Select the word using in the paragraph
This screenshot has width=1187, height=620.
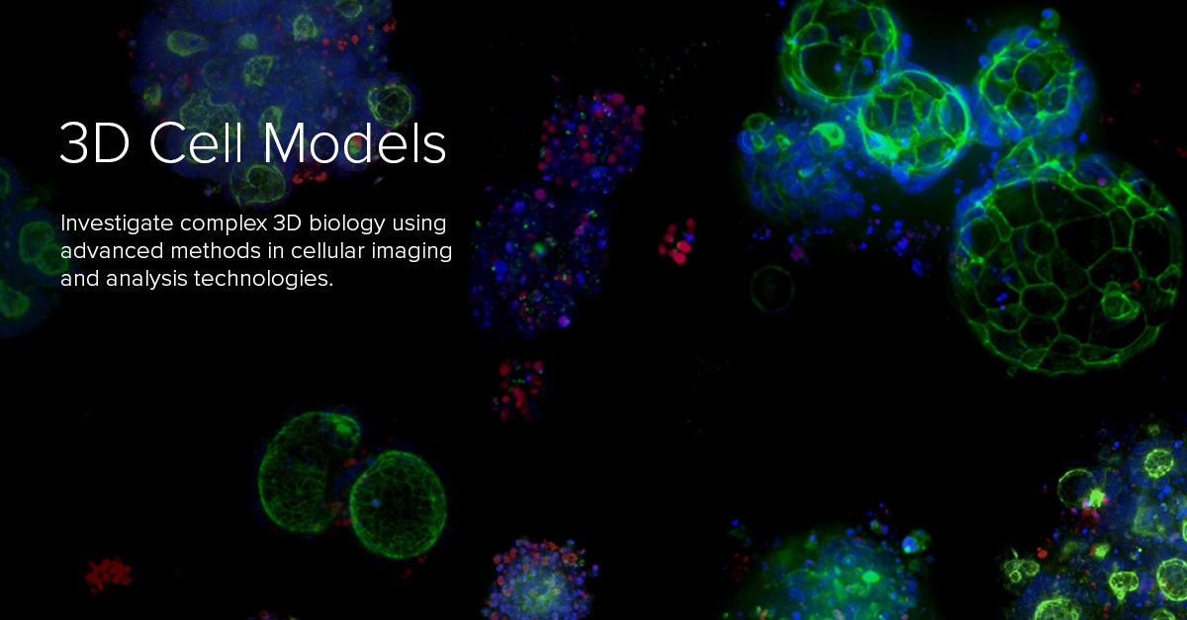click(418, 222)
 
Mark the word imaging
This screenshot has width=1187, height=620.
click(411, 251)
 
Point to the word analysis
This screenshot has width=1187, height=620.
click(136, 279)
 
